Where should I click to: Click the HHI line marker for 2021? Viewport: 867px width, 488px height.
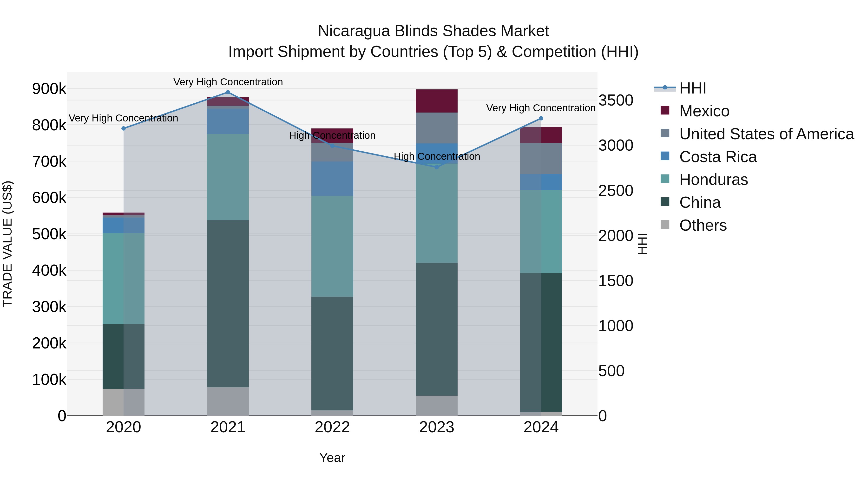tap(228, 92)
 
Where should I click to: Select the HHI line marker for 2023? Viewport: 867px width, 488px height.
tap(437, 167)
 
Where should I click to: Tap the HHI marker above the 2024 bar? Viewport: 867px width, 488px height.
tap(541, 118)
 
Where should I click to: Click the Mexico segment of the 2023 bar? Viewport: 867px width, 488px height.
tap(437, 101)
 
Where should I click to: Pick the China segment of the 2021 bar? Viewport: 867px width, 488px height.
tap(228, 303)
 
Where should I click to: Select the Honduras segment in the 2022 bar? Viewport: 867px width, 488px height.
tap(332, 246)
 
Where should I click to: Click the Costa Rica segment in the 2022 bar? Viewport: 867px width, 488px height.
tap(332, 179)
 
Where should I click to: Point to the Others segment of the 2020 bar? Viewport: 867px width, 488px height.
tap(123, 402)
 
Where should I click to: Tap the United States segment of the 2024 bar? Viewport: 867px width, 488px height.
tap(541, 158)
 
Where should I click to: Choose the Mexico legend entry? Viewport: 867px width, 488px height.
tap(704, 111)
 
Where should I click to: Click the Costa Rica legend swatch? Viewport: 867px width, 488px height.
tap(665, 156)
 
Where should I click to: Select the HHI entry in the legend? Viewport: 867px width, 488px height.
tap(692, 88)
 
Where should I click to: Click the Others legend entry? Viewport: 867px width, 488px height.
tap(703, 225)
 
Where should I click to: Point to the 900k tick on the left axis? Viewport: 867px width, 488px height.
tap(49, 89)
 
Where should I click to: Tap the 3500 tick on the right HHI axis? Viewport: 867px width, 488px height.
tap(616, 100)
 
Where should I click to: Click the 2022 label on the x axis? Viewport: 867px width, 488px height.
tap(332, 427)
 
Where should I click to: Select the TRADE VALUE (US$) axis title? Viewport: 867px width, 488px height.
tap(7, 244)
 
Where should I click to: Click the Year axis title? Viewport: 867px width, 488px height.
tap(332, 458)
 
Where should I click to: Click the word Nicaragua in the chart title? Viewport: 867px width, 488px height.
tap(354, 31)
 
